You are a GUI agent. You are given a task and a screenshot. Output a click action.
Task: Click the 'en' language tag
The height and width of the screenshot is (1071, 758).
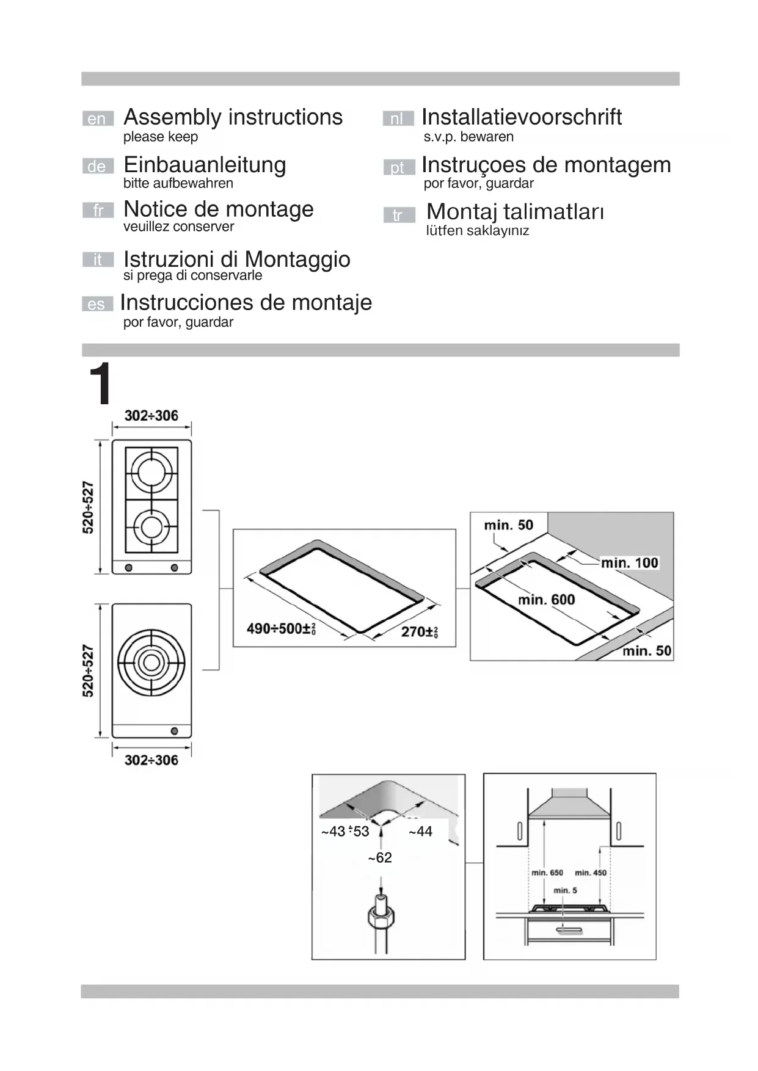tap(97, 118)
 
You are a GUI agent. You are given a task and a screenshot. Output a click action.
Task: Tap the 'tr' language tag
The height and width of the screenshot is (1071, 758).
tap(398, 215)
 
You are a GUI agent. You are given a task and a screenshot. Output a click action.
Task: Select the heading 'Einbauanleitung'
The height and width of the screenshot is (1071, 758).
tap(205, 165)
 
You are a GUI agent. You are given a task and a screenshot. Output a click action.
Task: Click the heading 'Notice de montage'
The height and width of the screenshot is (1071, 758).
tap(218, 209)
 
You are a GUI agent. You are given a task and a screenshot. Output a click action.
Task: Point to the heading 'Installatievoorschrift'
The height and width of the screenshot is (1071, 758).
tap(521, 117)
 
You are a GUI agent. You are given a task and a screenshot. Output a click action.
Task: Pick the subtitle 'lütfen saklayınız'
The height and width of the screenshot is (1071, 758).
tap(477, 231)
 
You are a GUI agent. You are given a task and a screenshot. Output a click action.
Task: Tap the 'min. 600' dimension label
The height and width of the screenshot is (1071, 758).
tap(546, 600)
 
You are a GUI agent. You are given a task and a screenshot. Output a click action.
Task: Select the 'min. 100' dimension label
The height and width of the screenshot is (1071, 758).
tap(629, 562)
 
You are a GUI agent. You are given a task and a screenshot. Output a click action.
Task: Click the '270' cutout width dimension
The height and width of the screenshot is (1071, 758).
tap(419, 631)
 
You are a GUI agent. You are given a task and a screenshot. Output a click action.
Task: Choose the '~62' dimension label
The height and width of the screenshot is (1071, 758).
tap(380, 858)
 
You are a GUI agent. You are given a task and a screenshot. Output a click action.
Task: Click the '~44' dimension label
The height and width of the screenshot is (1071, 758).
tap(420, 831)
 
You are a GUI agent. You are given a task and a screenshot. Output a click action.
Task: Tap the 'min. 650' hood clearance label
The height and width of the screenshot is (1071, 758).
tap(547, 873)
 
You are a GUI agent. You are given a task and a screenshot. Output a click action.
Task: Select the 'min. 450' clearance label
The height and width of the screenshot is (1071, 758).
tap(591, 873)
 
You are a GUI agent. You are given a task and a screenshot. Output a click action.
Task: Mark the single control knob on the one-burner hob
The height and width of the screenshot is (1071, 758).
tap(174, 731)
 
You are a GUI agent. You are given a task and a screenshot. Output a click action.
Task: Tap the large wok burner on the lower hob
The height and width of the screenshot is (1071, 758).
tap(151, 663)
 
